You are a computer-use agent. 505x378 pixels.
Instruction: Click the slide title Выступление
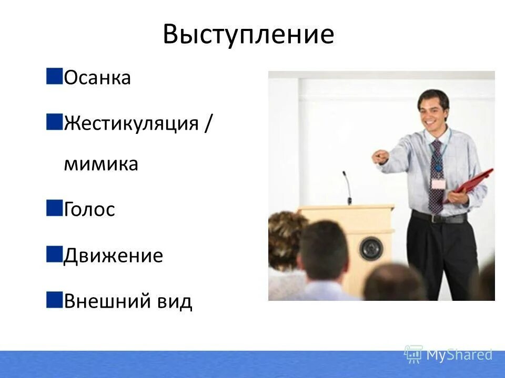point(248,35)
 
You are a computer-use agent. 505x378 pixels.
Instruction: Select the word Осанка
point(97,79)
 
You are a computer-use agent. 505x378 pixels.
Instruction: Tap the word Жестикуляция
point(131,124)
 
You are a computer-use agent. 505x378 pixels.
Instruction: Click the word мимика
point(100,164)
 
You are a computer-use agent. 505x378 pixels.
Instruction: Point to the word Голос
point(89,209)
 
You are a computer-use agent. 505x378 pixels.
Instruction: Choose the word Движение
point(113,256)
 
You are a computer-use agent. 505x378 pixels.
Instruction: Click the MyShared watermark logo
point(448,354)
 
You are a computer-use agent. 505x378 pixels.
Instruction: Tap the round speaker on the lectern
point(371,248)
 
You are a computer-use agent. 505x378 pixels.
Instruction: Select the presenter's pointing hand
point(380,156)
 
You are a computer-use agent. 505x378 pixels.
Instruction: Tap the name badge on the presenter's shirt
point(438,184)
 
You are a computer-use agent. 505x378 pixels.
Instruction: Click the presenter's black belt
point(438,216)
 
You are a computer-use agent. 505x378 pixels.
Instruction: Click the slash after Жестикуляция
point(208,124)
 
